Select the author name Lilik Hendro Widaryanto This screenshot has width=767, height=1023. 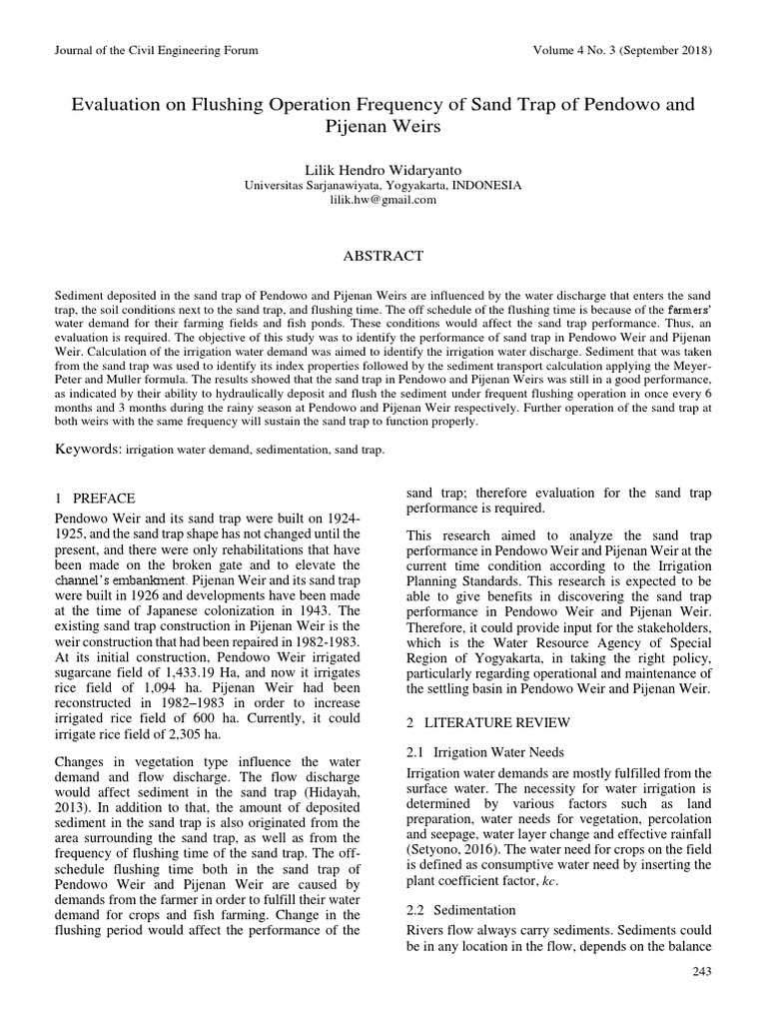pos(383,169)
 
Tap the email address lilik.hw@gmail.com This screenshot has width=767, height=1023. pos(383,200)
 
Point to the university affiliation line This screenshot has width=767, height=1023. pos(383,185)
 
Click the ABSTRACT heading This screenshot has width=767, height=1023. pos(383,256)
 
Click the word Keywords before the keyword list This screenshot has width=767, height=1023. pos(87,450)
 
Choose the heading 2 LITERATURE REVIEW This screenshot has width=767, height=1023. pos(488,721)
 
